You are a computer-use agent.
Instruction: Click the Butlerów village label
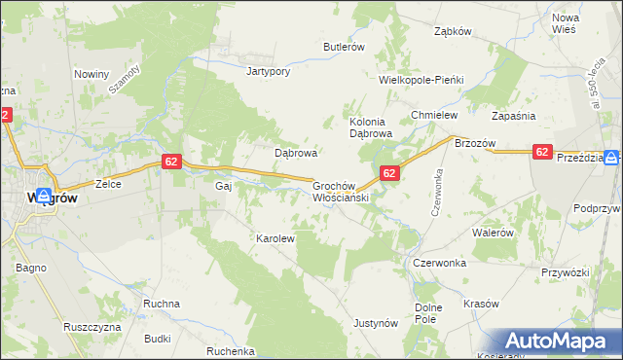point(344,47)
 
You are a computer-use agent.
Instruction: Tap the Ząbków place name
point(453,30)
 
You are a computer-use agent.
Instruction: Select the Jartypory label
point(269,71)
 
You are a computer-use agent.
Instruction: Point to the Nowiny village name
point(92,73)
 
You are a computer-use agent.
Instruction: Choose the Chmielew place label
point(434,115)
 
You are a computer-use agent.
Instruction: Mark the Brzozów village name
point(475,143)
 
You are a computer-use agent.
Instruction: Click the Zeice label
point(107,183)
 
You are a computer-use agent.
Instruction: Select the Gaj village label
point(222,185)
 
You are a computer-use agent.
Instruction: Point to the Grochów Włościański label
point(338,191)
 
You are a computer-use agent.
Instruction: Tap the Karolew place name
point(275,237)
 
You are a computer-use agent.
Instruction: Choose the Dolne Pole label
point(428,313)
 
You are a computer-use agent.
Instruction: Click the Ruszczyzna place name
point(91,327)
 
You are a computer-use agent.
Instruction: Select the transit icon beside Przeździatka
point(610,157)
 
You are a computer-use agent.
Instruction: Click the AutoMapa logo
point(560,342)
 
